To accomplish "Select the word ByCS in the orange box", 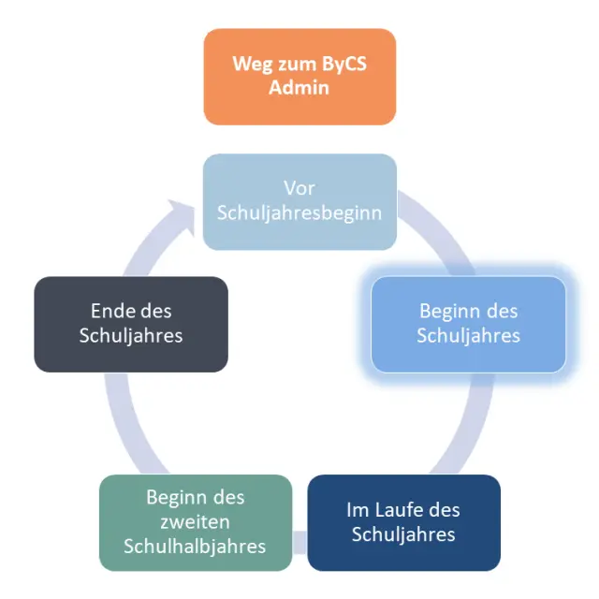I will pos(343,66).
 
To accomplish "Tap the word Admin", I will pos(299,88).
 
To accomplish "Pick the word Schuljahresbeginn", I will pos(299,212).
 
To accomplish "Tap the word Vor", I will pos(299,189).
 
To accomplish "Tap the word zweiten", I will pos(195,521).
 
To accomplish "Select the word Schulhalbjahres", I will pos(195,546).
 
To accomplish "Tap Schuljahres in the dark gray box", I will pos(131,335).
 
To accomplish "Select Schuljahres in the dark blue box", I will pos(403,534).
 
